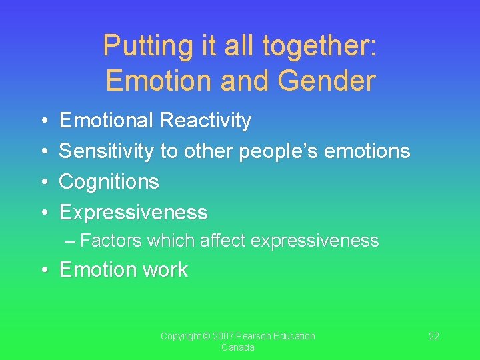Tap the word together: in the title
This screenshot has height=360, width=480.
(320, 46)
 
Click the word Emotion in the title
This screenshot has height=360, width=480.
(152, 81)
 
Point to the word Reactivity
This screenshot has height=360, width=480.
(206, 121)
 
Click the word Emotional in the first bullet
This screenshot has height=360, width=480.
(107, 121)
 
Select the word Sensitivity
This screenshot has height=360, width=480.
(106, 151)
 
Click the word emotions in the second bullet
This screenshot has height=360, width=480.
(370, 151)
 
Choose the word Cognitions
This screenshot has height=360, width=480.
(109, 181)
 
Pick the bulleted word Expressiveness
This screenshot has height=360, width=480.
(133, 213)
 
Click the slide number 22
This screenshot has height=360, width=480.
(434, 336)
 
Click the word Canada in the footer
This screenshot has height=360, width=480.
(237, 348)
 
